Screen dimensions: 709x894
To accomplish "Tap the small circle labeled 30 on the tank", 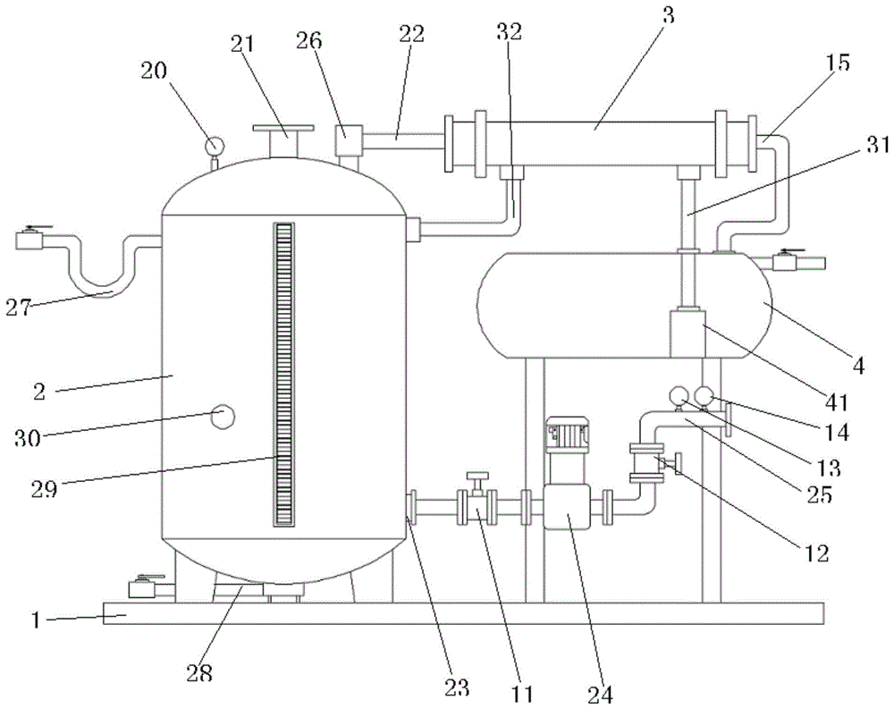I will click(x=223, y=416).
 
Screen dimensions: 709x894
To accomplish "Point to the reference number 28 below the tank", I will click(x=200, y=672).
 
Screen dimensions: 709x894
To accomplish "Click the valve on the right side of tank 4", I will click(x=788, y=261).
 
